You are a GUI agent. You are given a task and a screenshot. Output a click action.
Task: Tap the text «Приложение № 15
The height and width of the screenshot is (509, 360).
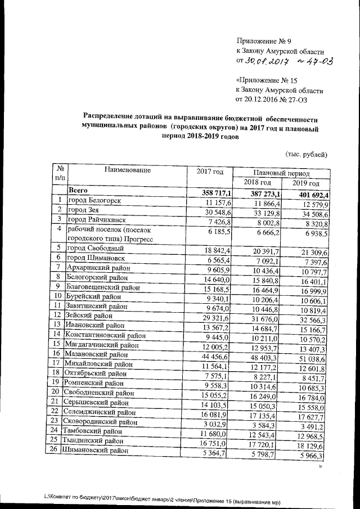[268, 80]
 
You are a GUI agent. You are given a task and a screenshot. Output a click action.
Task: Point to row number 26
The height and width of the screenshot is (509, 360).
[57, 451]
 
